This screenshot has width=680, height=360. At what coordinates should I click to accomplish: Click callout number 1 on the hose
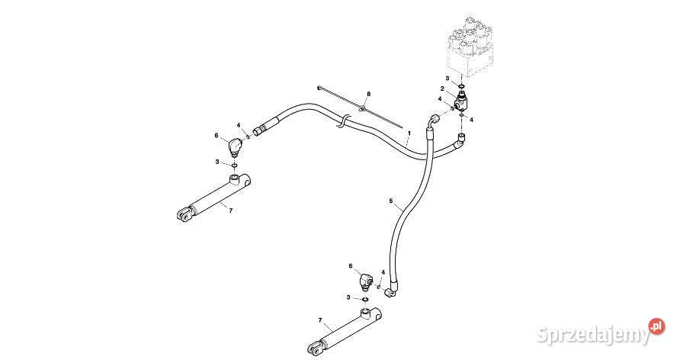tap(409, 133)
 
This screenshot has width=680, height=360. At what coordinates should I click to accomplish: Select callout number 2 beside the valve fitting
tap(442, 89)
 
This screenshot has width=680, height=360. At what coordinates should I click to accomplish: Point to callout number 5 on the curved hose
tap(391, 201)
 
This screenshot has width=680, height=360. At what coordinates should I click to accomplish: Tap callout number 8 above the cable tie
tap(367, 94)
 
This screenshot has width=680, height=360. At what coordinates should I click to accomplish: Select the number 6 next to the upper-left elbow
tap(217, 135)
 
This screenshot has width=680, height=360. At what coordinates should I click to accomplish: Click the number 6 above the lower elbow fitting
tap(351, 266)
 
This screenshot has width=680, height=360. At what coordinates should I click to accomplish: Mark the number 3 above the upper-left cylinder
tap(217, 162)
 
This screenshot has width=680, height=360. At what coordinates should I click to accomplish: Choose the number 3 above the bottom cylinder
tap(349, 297)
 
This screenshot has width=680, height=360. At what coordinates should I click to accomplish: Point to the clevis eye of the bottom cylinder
tap(313, 349)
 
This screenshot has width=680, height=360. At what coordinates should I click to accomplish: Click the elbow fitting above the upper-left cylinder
tap(236, 143)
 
